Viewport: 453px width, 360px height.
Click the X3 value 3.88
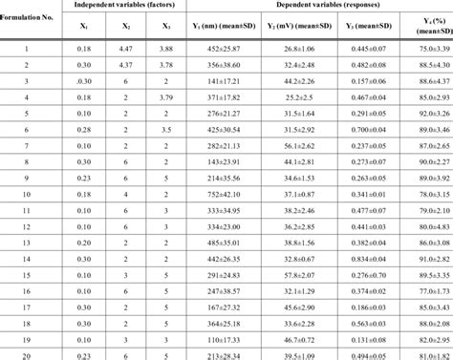pyautogui.click(x=167, y=48)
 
